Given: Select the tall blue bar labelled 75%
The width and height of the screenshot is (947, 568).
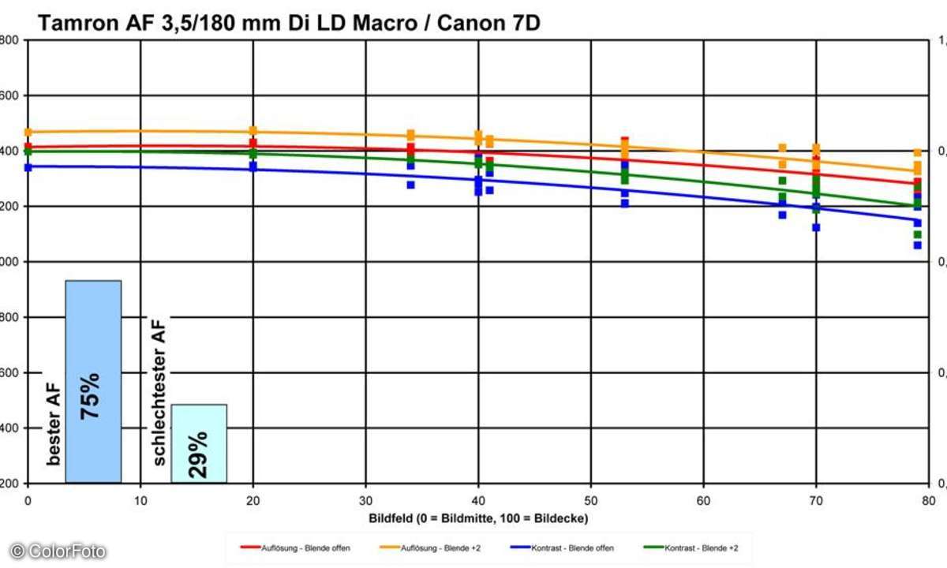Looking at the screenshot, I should tap(93, 381).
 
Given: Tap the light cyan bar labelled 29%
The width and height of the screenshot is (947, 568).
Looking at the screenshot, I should tap(199, 443).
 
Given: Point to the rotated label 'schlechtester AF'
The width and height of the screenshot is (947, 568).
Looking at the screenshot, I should tap(158, 393).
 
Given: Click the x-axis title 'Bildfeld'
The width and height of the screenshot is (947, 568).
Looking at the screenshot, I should tap(478, 518).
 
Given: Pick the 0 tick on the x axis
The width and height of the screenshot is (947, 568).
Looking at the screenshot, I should tap(28, 500).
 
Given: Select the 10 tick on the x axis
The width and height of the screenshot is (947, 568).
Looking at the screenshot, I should tap(140, 500).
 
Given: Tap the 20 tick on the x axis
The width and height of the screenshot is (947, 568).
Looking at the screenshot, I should tap(253, 500).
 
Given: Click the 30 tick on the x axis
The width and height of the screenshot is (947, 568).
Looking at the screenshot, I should tap(365, 500).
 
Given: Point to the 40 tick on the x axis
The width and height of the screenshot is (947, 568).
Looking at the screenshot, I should tap(478, 500).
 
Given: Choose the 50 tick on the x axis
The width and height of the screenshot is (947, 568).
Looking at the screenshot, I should tap(591, 500).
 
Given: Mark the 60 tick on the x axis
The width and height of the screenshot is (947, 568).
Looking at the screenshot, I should tap(703, 500).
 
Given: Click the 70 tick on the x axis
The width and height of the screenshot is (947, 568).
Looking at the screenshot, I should tap(816, 500).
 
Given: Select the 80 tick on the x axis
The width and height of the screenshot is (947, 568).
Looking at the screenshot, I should tap(928, 500).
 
